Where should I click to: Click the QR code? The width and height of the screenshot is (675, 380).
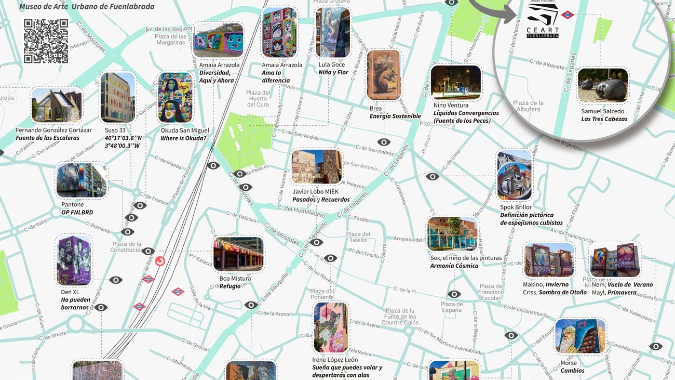(x=46, y=41)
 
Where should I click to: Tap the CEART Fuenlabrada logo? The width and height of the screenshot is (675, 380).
(x=543, y=23)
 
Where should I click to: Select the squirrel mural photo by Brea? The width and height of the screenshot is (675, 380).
(x=384, y=75)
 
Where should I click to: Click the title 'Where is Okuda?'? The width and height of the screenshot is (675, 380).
(x=183, y=138)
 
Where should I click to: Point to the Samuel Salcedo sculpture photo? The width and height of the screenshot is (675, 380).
(x=602, y=86)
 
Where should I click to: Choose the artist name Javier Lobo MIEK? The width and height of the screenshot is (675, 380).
(x=315, y=192)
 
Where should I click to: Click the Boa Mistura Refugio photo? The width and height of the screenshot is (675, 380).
(x=238, y=254)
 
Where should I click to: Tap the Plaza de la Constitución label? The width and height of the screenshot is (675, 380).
(x=127, y=247)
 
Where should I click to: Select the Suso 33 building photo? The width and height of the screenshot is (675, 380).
(x=118, y=97)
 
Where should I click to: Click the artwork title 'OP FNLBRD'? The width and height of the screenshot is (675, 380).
(x=77, y=213)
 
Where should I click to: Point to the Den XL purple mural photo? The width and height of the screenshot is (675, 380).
(x=74, y=260)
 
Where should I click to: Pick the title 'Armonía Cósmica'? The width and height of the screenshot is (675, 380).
(x=454, y=266)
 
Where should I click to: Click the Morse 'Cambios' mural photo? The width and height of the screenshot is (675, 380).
(x=580, y=336)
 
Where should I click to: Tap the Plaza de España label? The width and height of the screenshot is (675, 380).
(x=451, y=307)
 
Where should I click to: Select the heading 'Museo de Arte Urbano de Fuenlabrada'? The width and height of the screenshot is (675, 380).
(x=87, y=7)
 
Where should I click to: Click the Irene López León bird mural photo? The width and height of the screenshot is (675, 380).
(x=331, y=327)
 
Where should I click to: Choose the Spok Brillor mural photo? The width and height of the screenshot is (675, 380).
(x=514, y=175)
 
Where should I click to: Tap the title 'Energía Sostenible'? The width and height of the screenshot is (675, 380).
(x=395, y=116)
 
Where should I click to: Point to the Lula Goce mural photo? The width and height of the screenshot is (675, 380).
(x=333, y=32)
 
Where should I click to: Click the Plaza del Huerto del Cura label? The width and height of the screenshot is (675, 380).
(x=258, y=98)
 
